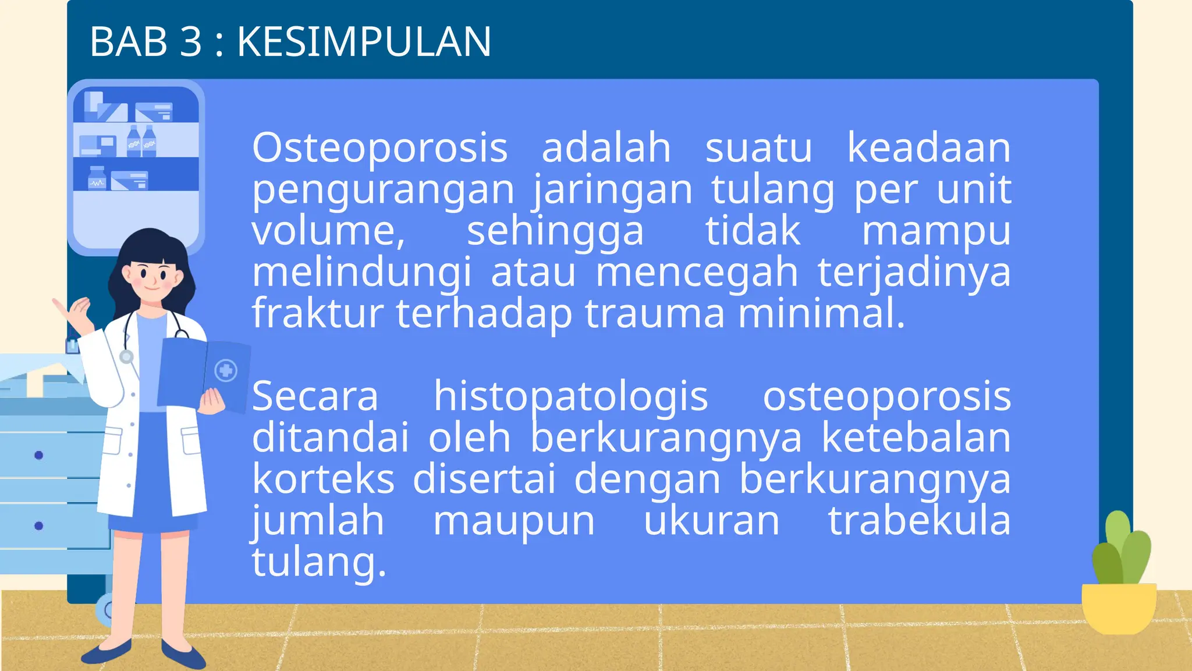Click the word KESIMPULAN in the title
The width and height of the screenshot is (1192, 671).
point(364,42)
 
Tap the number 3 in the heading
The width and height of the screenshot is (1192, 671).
point(190,42)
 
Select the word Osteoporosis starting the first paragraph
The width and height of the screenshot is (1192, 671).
point(379,148)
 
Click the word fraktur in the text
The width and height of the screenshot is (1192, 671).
point(318,313)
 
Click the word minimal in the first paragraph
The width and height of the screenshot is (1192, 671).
point(821,313)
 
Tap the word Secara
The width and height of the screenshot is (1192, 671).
point(315,397)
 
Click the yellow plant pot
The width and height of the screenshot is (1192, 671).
point(1118,608)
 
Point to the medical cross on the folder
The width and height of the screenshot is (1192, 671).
point(226,370)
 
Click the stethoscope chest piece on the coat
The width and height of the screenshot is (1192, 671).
point(126,356)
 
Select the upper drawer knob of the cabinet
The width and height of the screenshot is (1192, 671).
point(38,455)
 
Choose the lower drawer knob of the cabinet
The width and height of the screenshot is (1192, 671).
point(38,525)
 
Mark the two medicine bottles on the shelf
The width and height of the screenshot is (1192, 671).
point(141,142)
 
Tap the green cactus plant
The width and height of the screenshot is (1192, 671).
point(1121,550)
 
